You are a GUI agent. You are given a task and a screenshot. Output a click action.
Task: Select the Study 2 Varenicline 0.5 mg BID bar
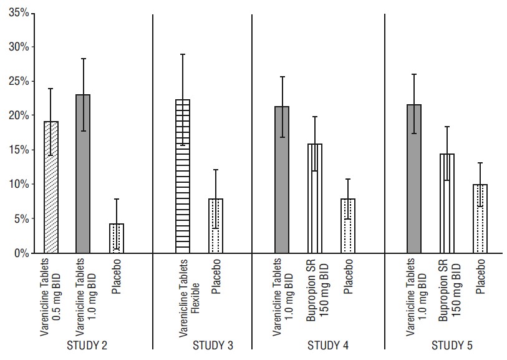pos(51,187)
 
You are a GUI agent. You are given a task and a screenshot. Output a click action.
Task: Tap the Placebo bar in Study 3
pos(215,225)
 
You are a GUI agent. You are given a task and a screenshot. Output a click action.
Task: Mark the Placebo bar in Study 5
pos(480,218)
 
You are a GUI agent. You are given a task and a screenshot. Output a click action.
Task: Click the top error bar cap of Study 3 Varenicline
pos(182,55)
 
